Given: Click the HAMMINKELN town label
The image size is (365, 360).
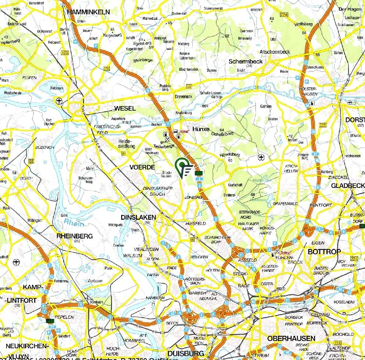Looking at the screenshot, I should click(x=88, y=12).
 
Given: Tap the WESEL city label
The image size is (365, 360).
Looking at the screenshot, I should click(x=125, y=108).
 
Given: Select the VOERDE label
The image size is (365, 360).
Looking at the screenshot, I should click(x=140, y=167).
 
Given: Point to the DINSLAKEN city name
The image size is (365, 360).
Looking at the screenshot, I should click(x=138, y=217).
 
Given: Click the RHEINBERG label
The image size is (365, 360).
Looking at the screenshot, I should click(x=75, y=236).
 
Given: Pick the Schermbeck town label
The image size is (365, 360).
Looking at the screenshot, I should click(x=246, y=61).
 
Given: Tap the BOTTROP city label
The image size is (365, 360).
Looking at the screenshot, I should click(x=324, y=252).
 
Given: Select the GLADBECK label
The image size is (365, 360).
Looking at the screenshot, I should click(x=347, y=186).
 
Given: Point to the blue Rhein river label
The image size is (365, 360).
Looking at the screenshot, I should click(x=73, y=222).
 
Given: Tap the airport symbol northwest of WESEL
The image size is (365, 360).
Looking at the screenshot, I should click(x=59, y=100).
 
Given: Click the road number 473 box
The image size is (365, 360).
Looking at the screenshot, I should click(x=65, y=53).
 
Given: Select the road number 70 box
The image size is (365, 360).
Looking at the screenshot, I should click(x=107, y=68).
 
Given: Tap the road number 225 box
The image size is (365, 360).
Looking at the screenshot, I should click(x=323, y=126).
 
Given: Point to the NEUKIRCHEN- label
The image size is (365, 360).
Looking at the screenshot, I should click(x=27, y=346).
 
